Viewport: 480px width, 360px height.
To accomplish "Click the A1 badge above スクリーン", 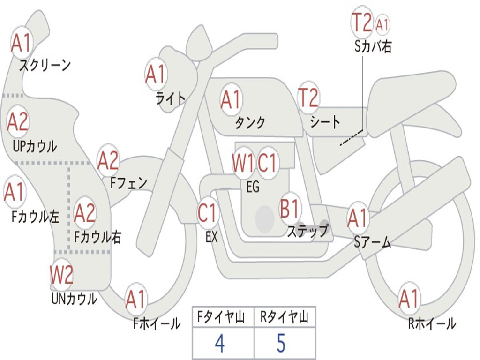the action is tap(22, 43).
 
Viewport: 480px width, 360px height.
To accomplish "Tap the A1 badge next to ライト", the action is tap(156, 75).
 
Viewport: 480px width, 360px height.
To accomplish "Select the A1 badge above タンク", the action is tap(231, 99).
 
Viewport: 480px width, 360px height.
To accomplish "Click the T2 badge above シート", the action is tap(308, 98).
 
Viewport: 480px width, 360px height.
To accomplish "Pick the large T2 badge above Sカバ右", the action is tap(362, 22).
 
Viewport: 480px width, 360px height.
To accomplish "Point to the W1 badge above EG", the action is tap(243, 163).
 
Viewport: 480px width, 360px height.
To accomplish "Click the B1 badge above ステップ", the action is tap(290, 208).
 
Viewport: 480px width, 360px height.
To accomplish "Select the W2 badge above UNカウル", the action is tap(62, 275).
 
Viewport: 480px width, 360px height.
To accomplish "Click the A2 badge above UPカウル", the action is tap(18, 121).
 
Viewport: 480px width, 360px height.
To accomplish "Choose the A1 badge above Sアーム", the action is tap(358, 218).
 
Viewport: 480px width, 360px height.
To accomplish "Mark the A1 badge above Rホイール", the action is tap(409, 299).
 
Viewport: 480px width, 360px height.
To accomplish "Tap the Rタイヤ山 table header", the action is tap(285, 316).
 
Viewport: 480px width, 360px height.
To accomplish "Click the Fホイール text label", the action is tap(157, 323).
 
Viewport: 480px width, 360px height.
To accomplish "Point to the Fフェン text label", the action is tap(129, 183).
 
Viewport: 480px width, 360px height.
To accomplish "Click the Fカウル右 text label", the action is tap(98, 237).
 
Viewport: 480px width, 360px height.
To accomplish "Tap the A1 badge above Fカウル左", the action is tap(15, 192).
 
